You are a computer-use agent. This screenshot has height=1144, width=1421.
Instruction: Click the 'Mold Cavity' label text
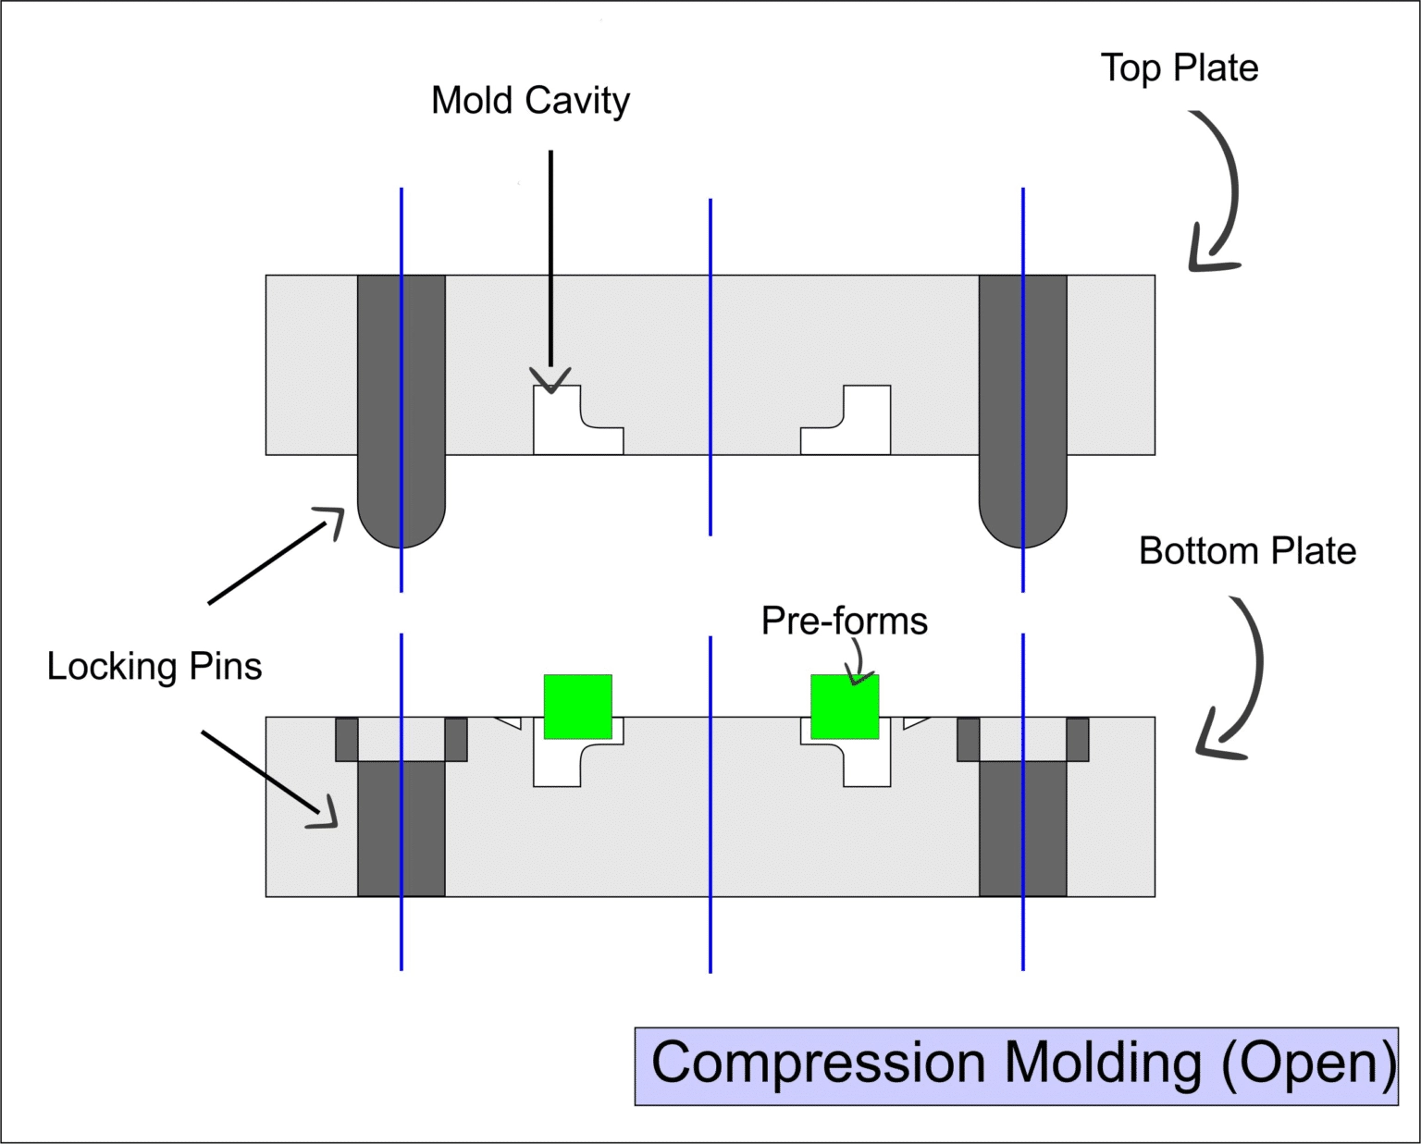tap(530, 101)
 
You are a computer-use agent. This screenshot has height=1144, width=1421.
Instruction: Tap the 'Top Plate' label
tap(1179, 68)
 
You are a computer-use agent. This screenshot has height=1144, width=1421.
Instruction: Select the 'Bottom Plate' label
tap(1246, 551)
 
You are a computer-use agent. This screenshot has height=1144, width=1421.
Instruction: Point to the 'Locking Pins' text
tap(154, 667)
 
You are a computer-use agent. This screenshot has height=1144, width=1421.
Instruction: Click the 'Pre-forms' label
tap(844, 621)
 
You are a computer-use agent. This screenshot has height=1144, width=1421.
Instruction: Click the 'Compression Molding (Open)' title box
tap(1016, 1065)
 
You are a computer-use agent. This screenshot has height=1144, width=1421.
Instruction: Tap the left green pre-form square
tap(577, 707)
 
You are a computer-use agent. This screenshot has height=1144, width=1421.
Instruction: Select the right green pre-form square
tap(845, 707)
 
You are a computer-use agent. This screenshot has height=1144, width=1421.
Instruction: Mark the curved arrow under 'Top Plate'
tap(1219, 194)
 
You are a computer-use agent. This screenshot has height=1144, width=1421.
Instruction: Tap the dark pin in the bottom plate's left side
tap(401, 828)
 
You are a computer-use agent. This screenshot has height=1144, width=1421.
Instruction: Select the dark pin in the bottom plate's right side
tap(1022, 828)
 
